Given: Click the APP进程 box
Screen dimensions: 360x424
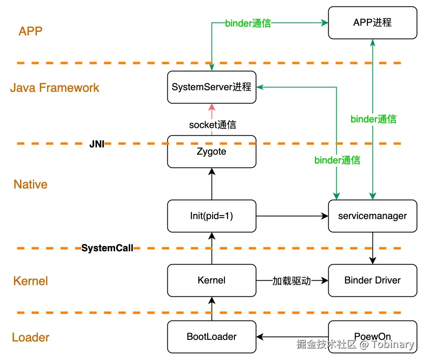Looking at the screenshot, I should coord(373,23).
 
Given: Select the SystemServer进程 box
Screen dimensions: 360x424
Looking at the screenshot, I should coord(212,87).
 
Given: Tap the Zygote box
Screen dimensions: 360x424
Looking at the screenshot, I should coord(212,152).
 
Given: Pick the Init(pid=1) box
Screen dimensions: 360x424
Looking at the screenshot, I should coord(212,216).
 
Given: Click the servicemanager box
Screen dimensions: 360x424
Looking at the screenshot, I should coord(373,216).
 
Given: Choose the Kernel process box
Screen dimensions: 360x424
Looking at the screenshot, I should coord(212,280).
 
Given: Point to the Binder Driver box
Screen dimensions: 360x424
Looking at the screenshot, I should coord(373,280).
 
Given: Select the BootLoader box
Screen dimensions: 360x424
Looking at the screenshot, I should coord(212,337).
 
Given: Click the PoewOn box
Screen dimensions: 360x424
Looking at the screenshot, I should coord(373,337).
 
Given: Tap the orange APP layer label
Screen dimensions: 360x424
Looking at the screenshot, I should coord(31,31).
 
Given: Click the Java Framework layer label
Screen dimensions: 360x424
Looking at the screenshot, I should coord(55,88).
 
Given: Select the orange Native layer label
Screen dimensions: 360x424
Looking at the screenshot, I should coord(31,184).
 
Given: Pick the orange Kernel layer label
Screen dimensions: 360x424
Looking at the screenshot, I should coord(31,281).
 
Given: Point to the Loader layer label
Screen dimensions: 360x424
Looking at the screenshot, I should coord(31,337).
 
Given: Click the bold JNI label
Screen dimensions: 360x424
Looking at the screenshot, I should coord(97,144).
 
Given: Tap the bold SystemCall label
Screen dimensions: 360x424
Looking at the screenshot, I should coord(107,248).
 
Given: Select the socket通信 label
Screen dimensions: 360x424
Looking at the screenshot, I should coord(212,125).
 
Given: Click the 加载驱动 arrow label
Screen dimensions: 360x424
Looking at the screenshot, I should coord(292,281).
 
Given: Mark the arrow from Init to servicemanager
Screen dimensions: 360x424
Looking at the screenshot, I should coord(292,216).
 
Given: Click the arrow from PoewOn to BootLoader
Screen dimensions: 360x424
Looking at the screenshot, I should coord(292,337).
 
